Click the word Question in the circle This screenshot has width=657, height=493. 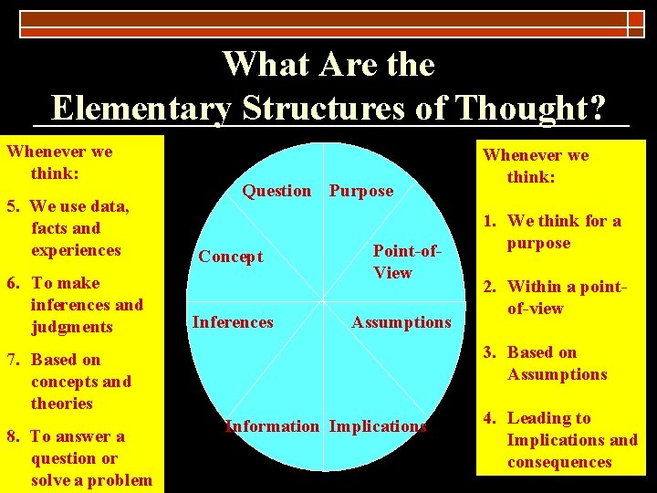tap(276, 190)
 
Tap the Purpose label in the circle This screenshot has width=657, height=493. tap(361, 190)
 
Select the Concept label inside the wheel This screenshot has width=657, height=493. tap(231, 257)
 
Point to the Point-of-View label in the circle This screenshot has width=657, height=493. tap(392, 261)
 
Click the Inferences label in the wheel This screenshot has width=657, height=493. tap(233, 321)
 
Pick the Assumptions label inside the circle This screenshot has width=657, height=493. tap(401, 321)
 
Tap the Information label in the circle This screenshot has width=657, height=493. tap(272, 425)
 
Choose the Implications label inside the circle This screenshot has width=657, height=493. tap(378, 425)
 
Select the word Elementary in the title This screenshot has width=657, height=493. tap(142, 108)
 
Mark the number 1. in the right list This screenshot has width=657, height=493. tap(490, 221)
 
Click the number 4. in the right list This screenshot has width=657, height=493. tap(491, 418)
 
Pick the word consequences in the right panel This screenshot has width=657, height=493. tap(559, 462)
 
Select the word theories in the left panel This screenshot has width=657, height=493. tap(62, 404)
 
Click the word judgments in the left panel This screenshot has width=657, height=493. tap(72, 327)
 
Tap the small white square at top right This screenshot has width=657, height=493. tap(635, 18)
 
